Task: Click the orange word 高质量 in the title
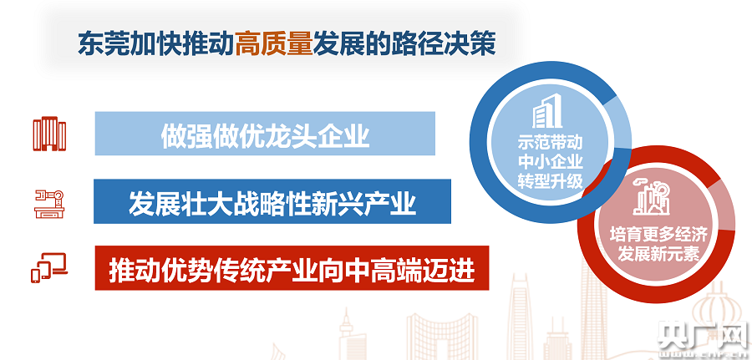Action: tap(274, 44)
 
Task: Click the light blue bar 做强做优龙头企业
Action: tap(265, 134)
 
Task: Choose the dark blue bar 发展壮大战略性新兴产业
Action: tap(272, 201)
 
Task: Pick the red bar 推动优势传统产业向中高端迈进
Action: tap(292, 268)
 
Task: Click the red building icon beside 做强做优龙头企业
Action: tap(49, 134)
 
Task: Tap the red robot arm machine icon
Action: tap(49, 204)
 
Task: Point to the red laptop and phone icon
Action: tap(49, 268)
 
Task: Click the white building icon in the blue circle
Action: tap(547, 111)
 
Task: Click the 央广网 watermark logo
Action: tap(703, 334)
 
